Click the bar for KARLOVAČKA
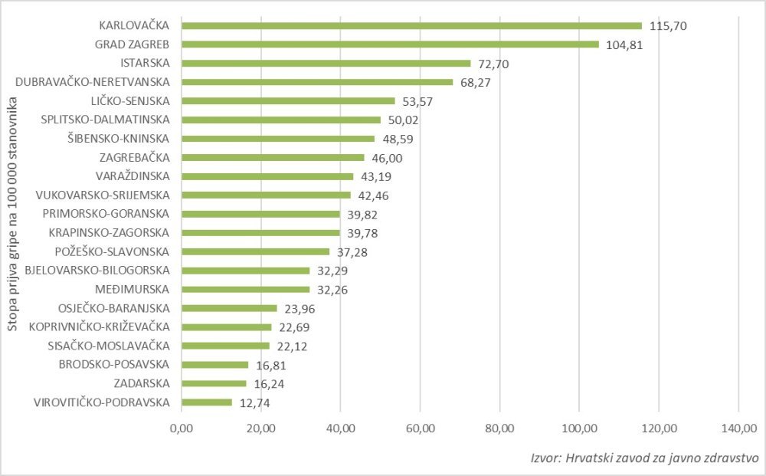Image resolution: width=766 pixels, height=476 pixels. (x=411, y=25)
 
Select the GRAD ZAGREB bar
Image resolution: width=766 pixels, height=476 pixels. (x=390, y=44)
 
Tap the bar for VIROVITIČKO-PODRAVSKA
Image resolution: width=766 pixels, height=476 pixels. (x=207, y=402)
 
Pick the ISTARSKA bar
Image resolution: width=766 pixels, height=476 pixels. (x=326, y=63)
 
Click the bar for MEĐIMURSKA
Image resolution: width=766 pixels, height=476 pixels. (x=245, y=289)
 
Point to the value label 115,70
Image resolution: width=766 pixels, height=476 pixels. (x=668, y=26)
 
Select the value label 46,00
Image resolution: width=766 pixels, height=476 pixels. (x=387, y=158)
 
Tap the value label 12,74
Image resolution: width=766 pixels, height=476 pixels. (x=255, y=402)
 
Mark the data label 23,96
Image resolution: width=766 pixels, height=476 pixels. (x=300, y=309)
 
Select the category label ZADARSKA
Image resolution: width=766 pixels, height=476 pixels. (x=142, y=382)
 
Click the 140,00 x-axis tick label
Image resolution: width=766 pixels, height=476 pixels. (x=737, y=428)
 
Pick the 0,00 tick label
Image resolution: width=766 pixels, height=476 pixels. (x=182, y=428)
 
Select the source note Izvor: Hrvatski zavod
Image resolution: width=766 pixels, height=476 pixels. (x=644, y=458)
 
